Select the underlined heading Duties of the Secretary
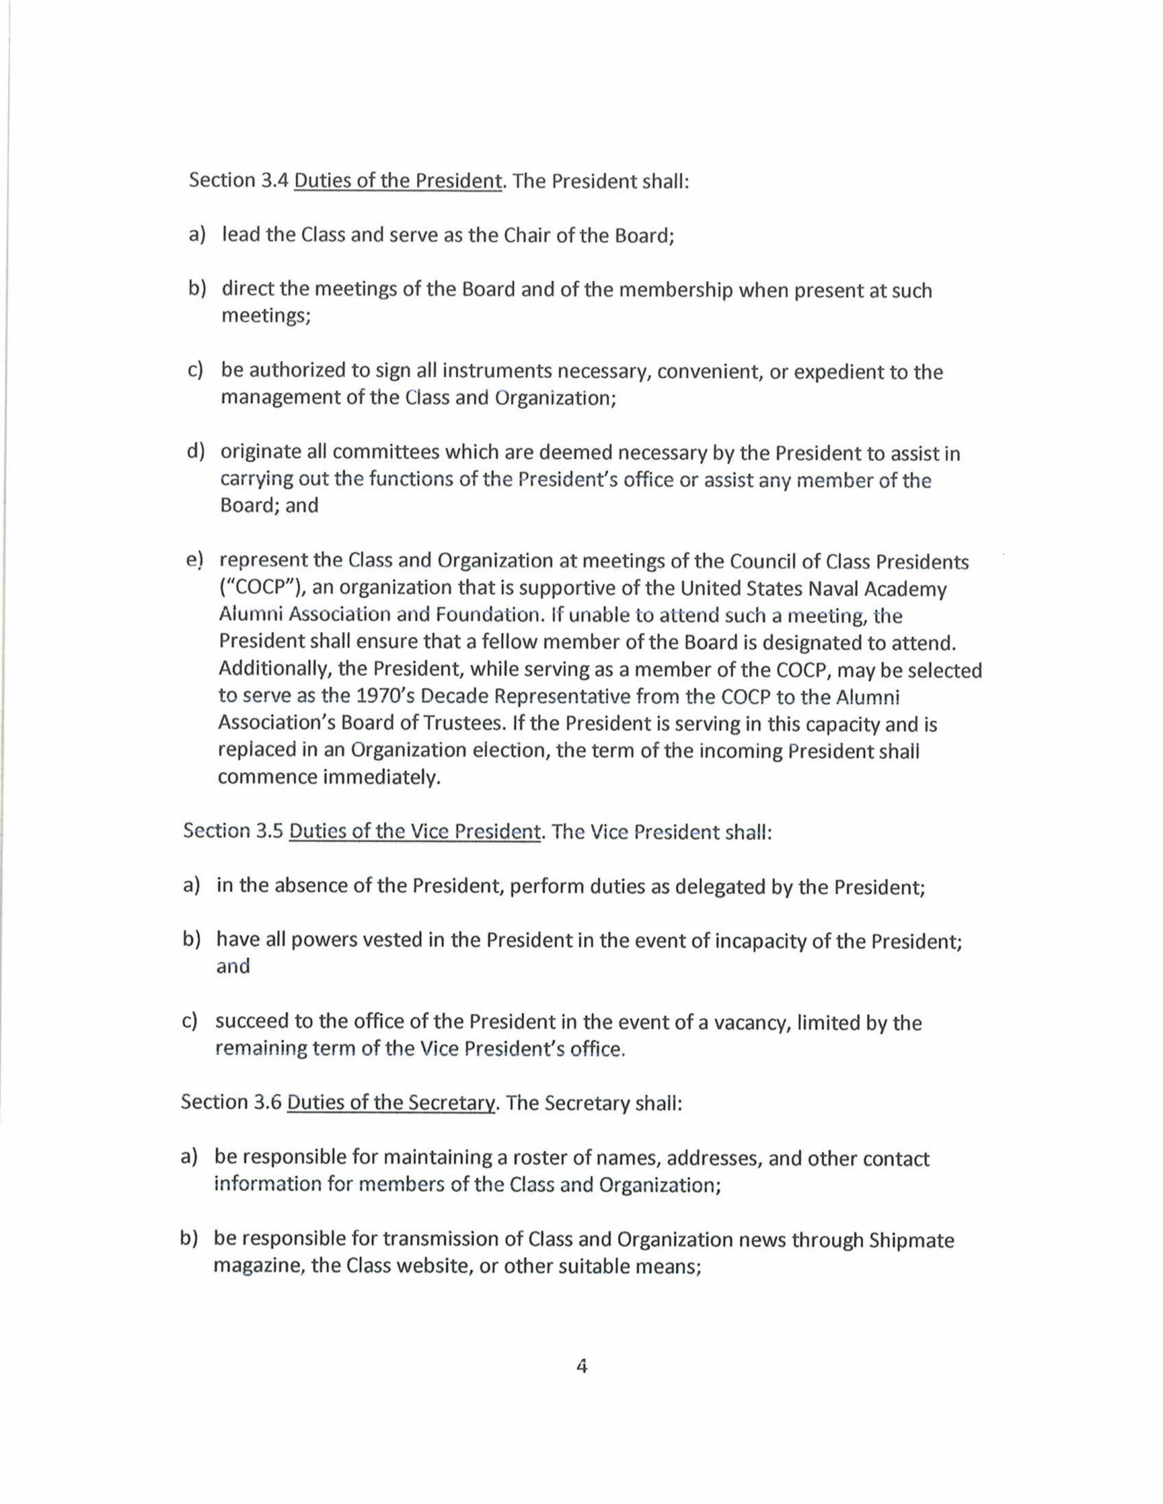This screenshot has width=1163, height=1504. pos(390,1103)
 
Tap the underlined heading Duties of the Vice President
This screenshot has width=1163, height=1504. pos(414,831)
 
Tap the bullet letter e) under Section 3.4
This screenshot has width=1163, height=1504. pos(195,561)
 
